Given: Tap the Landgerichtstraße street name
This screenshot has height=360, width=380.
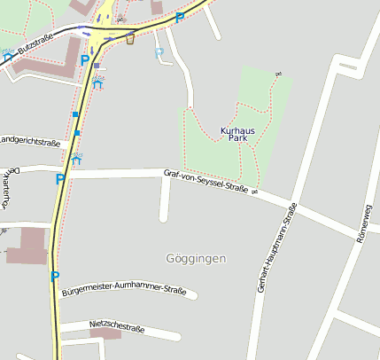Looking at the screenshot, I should (29, 140).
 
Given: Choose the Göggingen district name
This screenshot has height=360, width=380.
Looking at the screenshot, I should (196, 258).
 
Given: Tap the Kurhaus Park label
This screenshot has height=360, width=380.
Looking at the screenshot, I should (237, 135).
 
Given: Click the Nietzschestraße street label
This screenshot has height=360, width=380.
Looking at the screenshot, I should (117, 326).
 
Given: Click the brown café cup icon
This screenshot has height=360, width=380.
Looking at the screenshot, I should (130, 38).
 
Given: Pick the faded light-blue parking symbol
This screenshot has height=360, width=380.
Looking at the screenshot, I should (159, 52).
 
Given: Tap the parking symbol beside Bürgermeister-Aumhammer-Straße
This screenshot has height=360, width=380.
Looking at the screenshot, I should (55, 277).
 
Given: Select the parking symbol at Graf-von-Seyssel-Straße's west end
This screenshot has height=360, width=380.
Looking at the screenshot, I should (60, 178).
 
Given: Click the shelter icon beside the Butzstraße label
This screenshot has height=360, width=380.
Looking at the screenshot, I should (8, 56).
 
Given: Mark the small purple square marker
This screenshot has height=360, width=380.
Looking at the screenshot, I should (97, 66).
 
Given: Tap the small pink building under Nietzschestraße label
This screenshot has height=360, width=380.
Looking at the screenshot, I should (105, 335).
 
